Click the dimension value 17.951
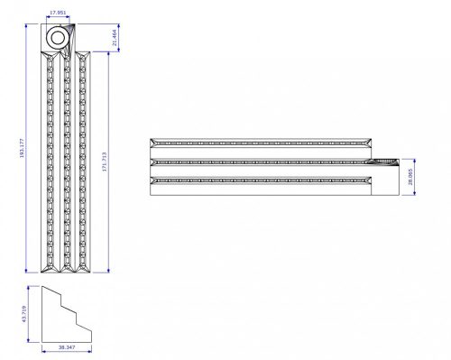point(60,14)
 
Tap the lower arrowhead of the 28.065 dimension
point(407,192)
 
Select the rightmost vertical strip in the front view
point(82,162)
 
